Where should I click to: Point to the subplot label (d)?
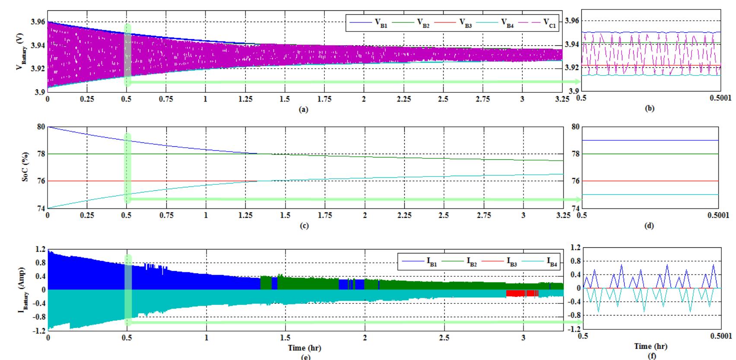[649, 226]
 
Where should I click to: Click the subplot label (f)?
[650, 356]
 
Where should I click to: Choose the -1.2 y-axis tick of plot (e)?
[39, 330]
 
